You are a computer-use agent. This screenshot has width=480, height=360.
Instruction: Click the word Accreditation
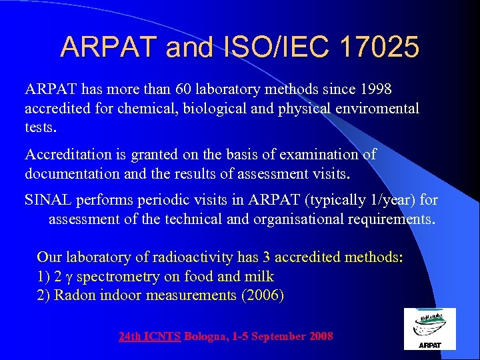tap(66, 155)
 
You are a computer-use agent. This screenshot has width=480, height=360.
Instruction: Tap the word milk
tap(260, 276)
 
